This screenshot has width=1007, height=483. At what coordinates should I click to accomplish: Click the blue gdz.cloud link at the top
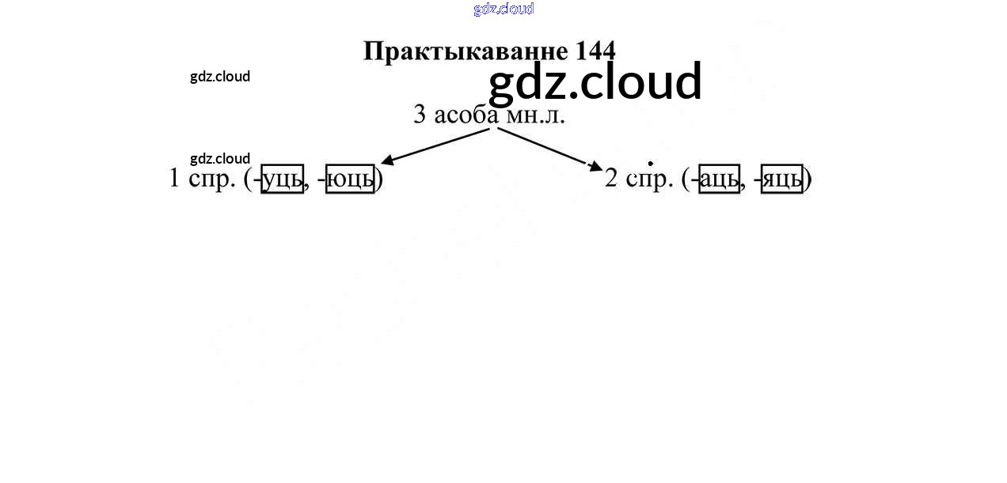pos(503,9)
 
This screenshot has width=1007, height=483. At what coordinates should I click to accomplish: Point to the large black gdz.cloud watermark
pos(595,82)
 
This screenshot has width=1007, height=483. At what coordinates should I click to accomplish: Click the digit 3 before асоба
pos(420,115)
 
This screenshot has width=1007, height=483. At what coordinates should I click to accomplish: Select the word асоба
pos(466,115)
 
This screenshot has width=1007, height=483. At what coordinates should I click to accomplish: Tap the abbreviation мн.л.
pos(535,115)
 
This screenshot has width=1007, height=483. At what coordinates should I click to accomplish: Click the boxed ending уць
pos(283,179)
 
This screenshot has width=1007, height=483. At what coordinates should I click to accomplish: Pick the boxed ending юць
pos(350,179)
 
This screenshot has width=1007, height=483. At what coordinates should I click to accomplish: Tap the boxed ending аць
pos(719,179)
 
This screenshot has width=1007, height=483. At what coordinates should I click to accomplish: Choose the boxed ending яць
pos(782,179)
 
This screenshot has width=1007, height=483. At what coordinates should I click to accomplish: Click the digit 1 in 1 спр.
pos(175,179)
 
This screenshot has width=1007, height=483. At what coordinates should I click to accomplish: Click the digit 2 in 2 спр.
pos(611,179)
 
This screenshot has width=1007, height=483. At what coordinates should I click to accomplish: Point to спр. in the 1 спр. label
pos(212,179)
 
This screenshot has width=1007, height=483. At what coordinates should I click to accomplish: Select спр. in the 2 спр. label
pos(649,179)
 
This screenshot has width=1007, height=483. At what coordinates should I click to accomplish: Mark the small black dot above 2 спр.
pos(651,164)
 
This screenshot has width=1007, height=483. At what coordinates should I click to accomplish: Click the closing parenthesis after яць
pos(808,179)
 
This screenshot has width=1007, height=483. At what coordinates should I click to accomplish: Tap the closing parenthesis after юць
pos(379,179)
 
